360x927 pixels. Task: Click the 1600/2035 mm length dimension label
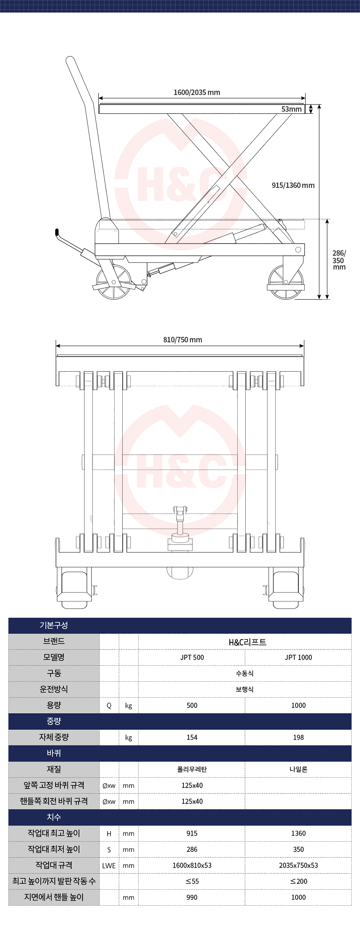(x=197, y=92)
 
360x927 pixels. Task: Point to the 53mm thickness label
(x=291, y=109)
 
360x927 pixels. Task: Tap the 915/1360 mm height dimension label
(x=293, y=185)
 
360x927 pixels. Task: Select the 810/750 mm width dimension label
(x=183, y=340)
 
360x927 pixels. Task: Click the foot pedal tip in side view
(x=57, y=232)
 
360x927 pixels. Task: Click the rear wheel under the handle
(x=113, y=282)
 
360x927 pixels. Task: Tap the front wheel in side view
(x=286, y=282)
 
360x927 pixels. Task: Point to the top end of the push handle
(x=70, y=59)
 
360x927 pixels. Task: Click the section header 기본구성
(x=54, y=625)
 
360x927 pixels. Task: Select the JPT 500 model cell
(x=192, y=657)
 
